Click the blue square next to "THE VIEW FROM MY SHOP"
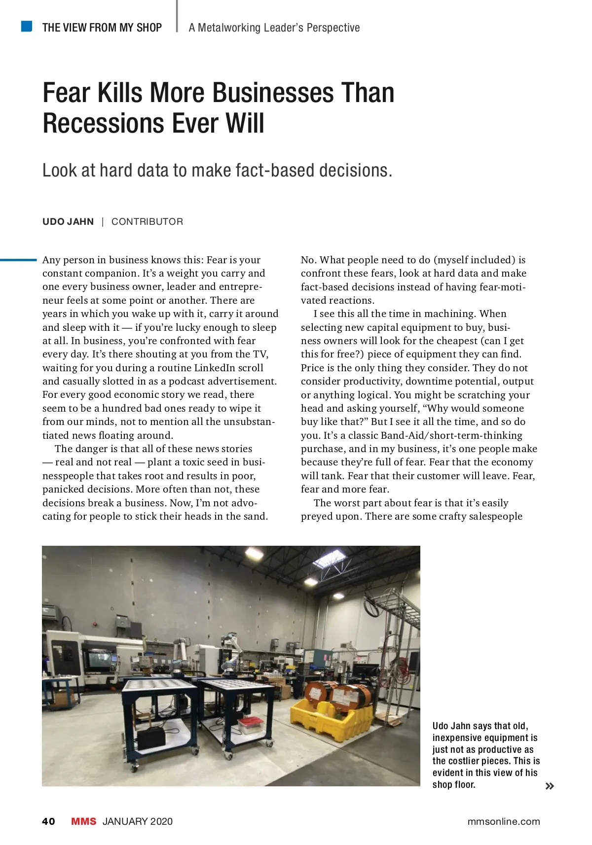(27, 26)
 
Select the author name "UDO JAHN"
(68, 222)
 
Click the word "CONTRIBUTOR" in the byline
(147, 222)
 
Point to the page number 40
(49, 821)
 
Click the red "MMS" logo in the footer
(84, 821)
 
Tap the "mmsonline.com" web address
(504, 821)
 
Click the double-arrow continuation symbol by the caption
(550, 786)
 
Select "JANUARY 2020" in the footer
(138, 821)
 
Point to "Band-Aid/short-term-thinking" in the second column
(451, 435)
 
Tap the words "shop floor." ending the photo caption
(454, 785)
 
